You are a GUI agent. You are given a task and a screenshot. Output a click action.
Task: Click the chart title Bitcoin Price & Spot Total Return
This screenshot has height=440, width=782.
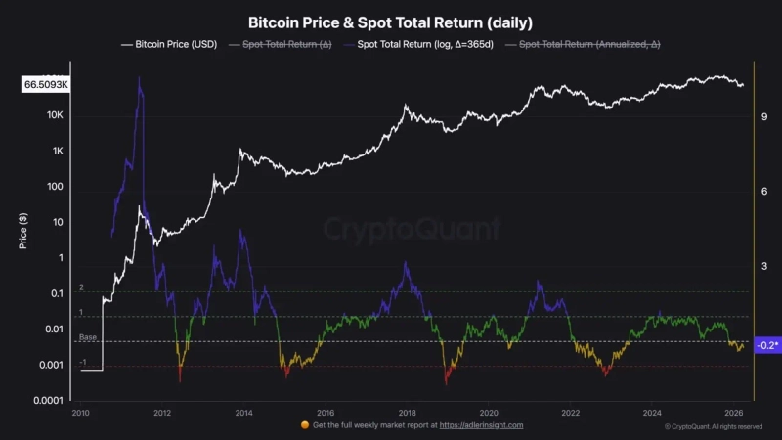[390, 22]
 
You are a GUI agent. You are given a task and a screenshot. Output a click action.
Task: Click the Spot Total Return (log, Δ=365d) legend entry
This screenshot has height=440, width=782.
[420, 44]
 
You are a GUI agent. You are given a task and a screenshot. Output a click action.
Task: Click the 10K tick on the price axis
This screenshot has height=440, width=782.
[54, 115]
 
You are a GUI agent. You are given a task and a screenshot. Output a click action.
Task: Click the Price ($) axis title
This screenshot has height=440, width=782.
[22, 231]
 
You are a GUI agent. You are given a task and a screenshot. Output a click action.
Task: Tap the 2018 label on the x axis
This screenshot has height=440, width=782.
[408, 413]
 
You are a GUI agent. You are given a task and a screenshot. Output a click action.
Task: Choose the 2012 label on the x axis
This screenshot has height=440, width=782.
[162, 413]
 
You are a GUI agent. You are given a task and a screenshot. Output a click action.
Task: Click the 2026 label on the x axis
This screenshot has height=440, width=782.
[734, 413]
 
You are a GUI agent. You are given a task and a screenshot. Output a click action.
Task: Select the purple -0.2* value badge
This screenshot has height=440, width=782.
[766, 345]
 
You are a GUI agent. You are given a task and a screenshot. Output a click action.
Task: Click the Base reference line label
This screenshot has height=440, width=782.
[88, 337]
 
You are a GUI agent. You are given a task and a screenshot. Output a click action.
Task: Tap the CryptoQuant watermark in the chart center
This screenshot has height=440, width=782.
[411, 231]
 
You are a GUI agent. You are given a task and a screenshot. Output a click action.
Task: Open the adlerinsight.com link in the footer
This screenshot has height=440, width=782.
[481, 425]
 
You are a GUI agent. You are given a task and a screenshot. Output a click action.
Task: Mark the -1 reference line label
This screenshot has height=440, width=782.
[83, 362]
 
